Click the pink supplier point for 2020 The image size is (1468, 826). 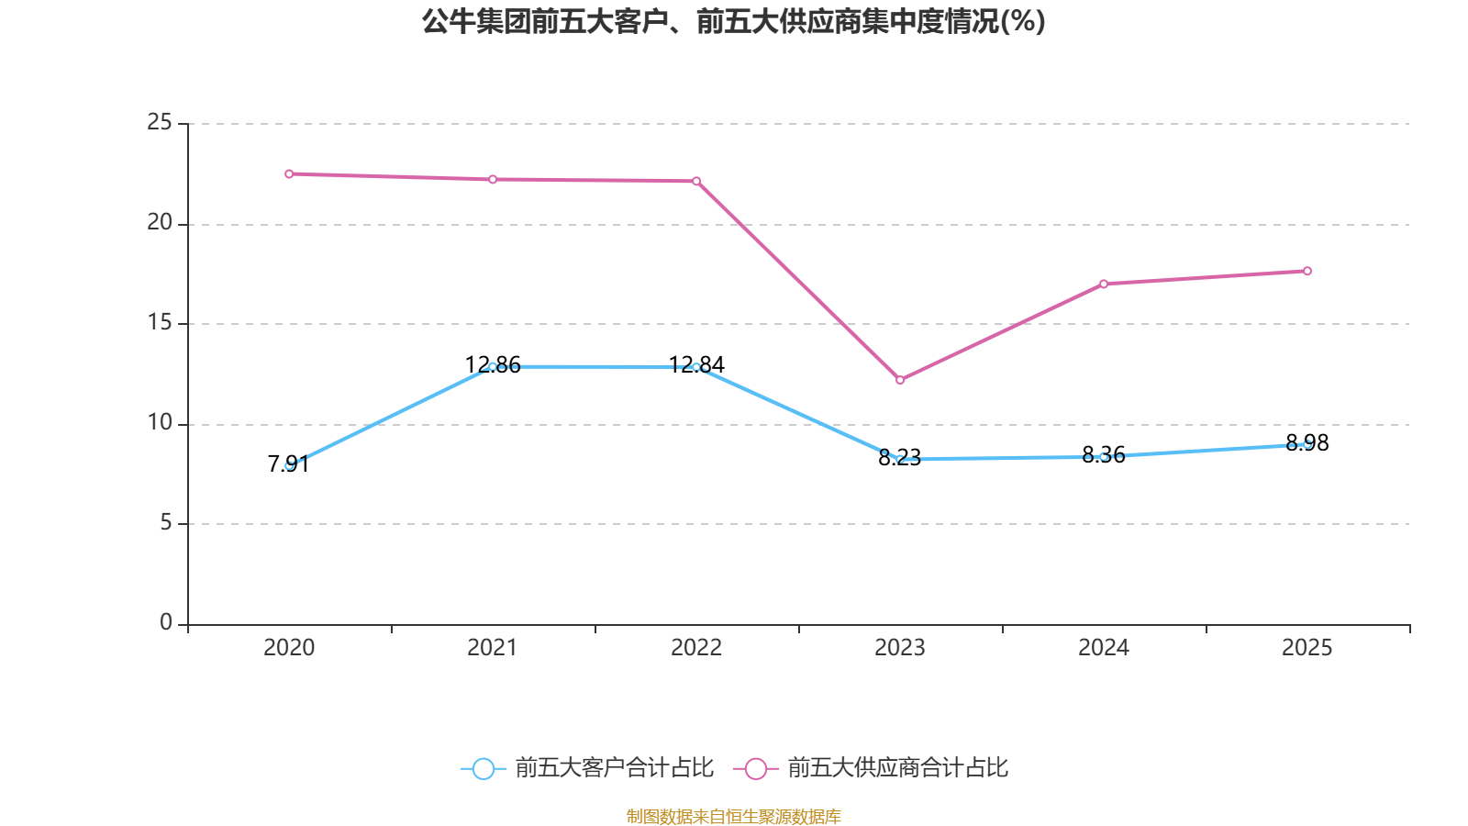[x=289, y=173]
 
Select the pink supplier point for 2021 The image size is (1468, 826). [x=493, y=179]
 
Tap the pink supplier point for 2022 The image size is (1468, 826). [x=696, y=181]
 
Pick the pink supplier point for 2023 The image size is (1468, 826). [x=900, y=380]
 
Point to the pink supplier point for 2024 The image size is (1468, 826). [x=1104, y=284]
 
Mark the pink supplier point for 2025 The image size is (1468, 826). [x=1307, y=271]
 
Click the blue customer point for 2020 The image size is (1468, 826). [x=289, y=465]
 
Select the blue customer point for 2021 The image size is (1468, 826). [x=493, y=366]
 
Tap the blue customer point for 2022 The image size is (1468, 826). [x=696, y=367]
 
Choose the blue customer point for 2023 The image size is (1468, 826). [x=900, y=459]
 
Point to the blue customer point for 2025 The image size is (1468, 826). [x=1307, y=444]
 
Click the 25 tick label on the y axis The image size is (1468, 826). [x=160, y=122]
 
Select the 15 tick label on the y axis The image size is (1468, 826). [x=160, y=322]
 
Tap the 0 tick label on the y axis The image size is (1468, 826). [x=166, y=622]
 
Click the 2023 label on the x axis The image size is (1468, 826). [x=900, y=648]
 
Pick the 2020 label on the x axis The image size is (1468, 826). [x=289, y=648]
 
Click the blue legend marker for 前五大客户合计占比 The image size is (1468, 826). [x=483, y=768]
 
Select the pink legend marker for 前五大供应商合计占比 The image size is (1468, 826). [x=755, y=768]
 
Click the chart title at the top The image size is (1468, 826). [x=733, y=21]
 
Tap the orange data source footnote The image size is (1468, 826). [x=733, y=816]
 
